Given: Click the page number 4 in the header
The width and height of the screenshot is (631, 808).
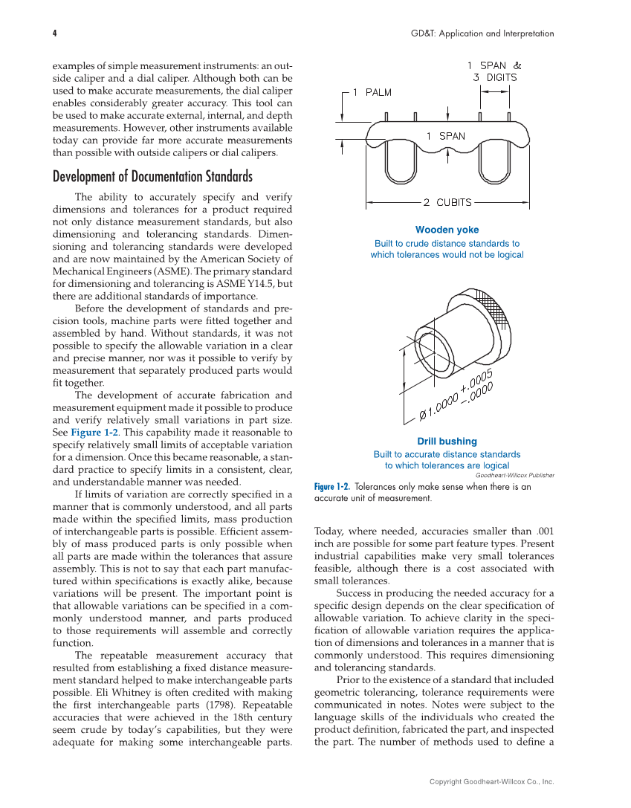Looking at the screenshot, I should (55, 33).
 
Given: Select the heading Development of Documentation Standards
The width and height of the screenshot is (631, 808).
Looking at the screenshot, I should (152, 177).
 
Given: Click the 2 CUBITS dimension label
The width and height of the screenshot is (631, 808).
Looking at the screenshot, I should (447, 202).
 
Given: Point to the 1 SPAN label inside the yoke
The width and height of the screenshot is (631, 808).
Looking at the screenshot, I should (445, 136).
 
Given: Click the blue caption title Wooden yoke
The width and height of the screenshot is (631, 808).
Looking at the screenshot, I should (447, 230).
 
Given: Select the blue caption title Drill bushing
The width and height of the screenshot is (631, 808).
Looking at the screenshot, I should (447, 441).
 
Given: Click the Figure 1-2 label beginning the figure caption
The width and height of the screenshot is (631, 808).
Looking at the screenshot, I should (331, 487).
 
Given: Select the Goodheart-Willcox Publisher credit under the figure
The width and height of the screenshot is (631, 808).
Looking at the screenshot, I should (514, 474).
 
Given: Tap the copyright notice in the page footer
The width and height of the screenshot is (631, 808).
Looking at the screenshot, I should (491, 781).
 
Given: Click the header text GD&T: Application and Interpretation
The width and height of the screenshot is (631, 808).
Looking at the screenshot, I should (482, 33).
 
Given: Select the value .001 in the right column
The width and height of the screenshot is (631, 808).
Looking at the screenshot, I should (544, 531).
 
